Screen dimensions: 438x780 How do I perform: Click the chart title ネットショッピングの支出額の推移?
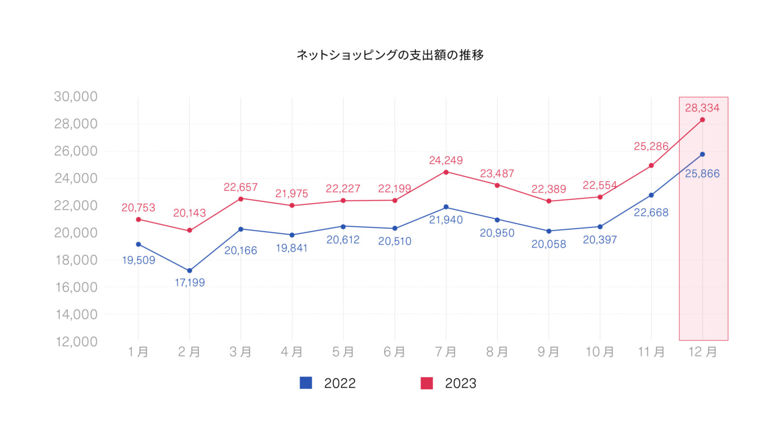click(390, 55)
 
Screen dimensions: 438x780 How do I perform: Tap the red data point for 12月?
click(702, 120)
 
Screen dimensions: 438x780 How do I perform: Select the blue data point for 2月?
click(190, 271)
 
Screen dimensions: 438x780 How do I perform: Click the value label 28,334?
click(702, 108)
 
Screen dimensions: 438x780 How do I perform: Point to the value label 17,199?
click(190, 283)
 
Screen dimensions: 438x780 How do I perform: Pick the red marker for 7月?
click(446, 172)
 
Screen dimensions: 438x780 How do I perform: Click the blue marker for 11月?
click(651, 195)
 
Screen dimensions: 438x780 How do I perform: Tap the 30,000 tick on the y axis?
click(76, 97)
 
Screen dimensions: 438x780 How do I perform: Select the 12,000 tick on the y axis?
click(77, 342)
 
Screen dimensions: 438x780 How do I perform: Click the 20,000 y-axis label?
click(76, 233)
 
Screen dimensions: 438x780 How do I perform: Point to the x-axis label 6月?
click(394, 352)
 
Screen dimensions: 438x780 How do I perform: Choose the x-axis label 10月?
click(600, 352)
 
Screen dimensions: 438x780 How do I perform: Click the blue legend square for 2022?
click(306, 383)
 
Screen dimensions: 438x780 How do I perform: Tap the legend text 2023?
click(460, 383)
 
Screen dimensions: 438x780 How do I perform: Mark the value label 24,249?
click(446, 160)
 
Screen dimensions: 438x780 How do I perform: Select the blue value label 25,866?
click(702, 174)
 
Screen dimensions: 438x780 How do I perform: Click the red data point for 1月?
click(138, 219)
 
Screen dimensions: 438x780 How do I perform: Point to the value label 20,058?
click(548, 244)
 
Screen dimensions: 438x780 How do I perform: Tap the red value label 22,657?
click(240, 187)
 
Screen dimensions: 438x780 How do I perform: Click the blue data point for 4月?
click(292, 235)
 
